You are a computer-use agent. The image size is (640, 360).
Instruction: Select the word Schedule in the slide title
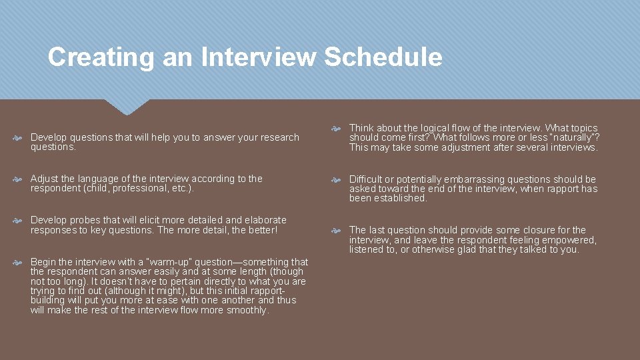tap(383, 57)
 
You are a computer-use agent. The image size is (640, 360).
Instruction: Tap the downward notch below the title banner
tap(126, 106)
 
